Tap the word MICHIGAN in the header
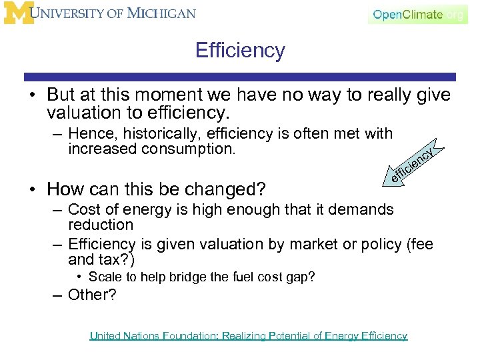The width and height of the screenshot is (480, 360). click(161, 13)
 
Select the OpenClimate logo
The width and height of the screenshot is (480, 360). click(417, 14)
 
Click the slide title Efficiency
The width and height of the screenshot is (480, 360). click(240, 50)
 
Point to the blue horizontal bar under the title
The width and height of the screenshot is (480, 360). click(240, 77)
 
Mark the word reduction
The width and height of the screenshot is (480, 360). click(101, 225)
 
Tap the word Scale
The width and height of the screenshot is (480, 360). click(104, 277)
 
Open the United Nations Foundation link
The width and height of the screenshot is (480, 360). click(248, 336)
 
